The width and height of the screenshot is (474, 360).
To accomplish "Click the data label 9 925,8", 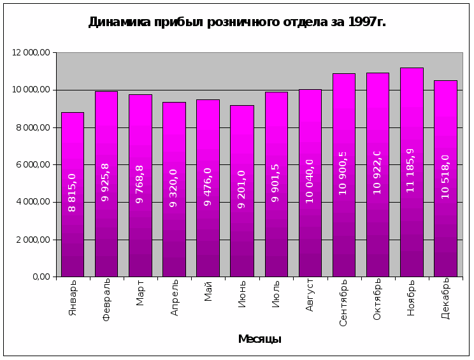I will click(106, 182).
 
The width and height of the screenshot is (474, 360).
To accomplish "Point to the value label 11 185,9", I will click(411, 170).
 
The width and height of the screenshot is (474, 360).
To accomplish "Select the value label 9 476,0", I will click(208, 187).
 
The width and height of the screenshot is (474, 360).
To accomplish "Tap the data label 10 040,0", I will click(310, 181).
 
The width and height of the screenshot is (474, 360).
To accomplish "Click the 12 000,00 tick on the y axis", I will click(31, 52).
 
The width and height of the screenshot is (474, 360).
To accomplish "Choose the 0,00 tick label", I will click(41, 277).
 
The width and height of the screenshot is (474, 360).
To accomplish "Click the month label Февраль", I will click(106, 299).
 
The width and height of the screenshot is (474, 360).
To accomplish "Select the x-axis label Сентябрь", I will click(343, 302).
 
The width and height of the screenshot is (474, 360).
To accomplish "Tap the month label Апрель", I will click(175, 297).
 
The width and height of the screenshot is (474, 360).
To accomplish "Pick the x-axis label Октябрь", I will click(377, 299).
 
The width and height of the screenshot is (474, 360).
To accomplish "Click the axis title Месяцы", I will click(259, 339).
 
